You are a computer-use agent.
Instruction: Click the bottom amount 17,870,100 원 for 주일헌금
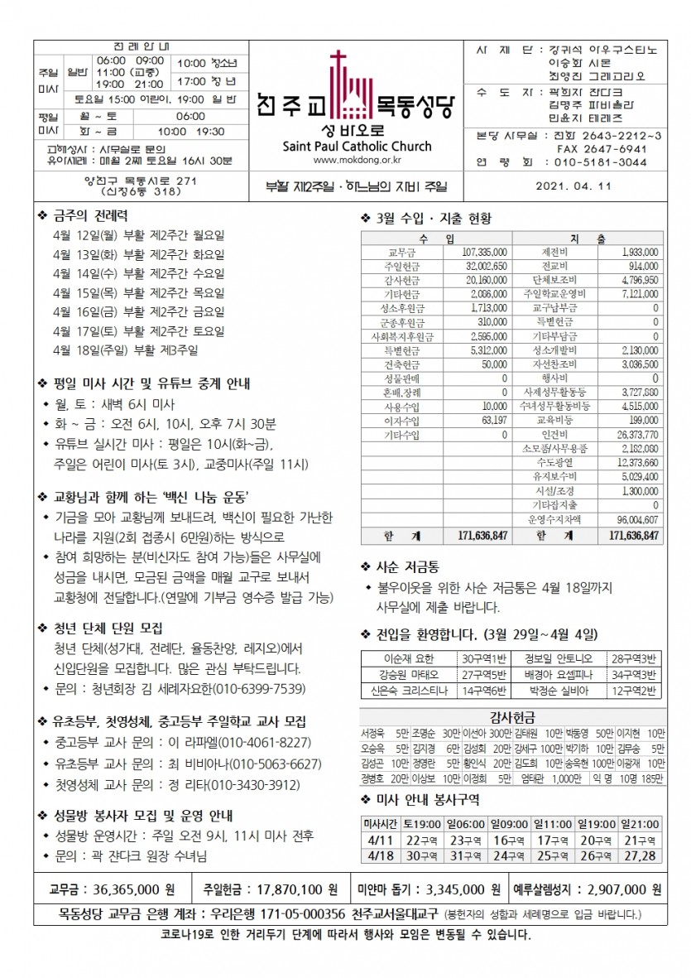click(x=288, y=889)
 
